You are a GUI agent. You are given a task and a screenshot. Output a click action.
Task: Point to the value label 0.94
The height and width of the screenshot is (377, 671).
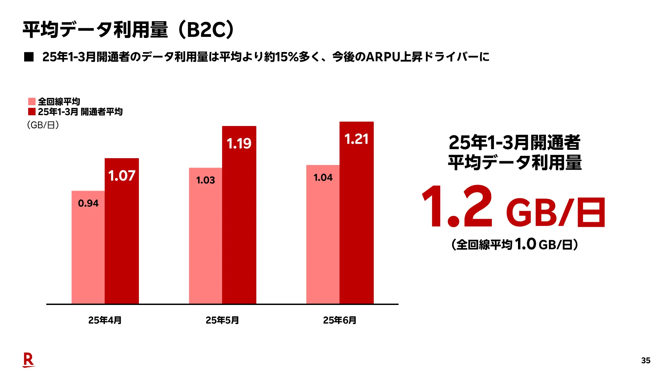88,203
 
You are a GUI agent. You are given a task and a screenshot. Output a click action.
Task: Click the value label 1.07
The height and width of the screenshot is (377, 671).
122,176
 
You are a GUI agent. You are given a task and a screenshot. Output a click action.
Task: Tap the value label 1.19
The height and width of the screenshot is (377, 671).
239,144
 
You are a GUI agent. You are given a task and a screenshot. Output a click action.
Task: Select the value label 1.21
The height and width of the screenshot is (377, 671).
357,139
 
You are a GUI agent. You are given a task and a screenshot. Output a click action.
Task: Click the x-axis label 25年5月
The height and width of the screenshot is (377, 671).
222,320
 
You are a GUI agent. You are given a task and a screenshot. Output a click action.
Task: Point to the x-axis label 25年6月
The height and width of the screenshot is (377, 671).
340,320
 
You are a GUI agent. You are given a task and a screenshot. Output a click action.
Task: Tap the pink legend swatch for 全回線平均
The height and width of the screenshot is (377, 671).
32,102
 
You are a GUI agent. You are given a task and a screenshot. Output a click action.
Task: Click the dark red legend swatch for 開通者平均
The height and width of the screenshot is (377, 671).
32,112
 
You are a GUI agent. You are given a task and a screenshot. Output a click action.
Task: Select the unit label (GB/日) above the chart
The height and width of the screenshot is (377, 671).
43,125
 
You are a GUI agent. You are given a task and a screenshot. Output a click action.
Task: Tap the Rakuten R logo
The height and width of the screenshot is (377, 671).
29,360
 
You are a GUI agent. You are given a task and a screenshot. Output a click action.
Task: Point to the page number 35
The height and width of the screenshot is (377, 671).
646,361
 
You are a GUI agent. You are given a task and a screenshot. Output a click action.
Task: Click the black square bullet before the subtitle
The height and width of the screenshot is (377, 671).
29,57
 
